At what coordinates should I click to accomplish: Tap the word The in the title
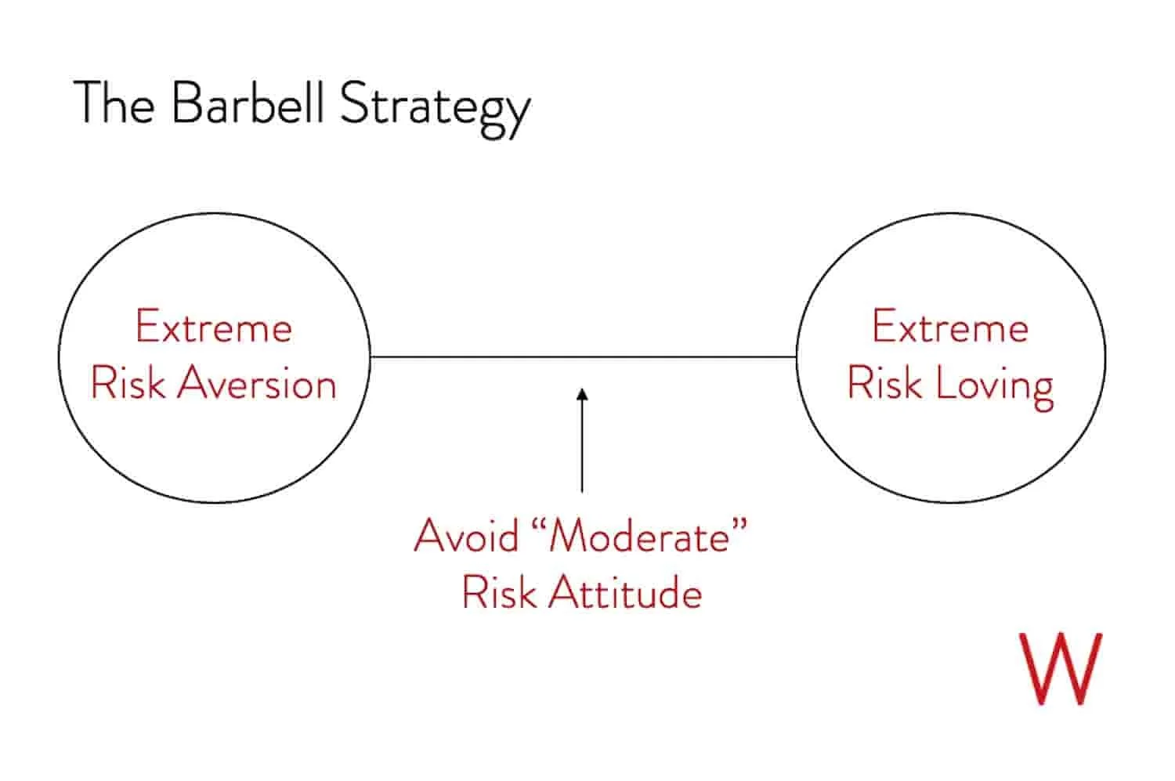(114, 103)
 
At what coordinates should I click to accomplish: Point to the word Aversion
(257, 384)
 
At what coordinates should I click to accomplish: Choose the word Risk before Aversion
(128, 384)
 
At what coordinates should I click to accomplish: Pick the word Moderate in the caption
(640, 536)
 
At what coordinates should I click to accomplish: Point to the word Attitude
(624, 592)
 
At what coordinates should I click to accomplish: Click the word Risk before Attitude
(499, 592)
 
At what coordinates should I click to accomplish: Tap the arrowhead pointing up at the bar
(582, 393)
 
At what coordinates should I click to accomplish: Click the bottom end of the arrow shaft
(582, 490)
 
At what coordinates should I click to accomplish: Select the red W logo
(1060, 668)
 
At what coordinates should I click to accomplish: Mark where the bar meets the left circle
(370, 357)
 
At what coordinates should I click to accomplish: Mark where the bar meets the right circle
(797, 357)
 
